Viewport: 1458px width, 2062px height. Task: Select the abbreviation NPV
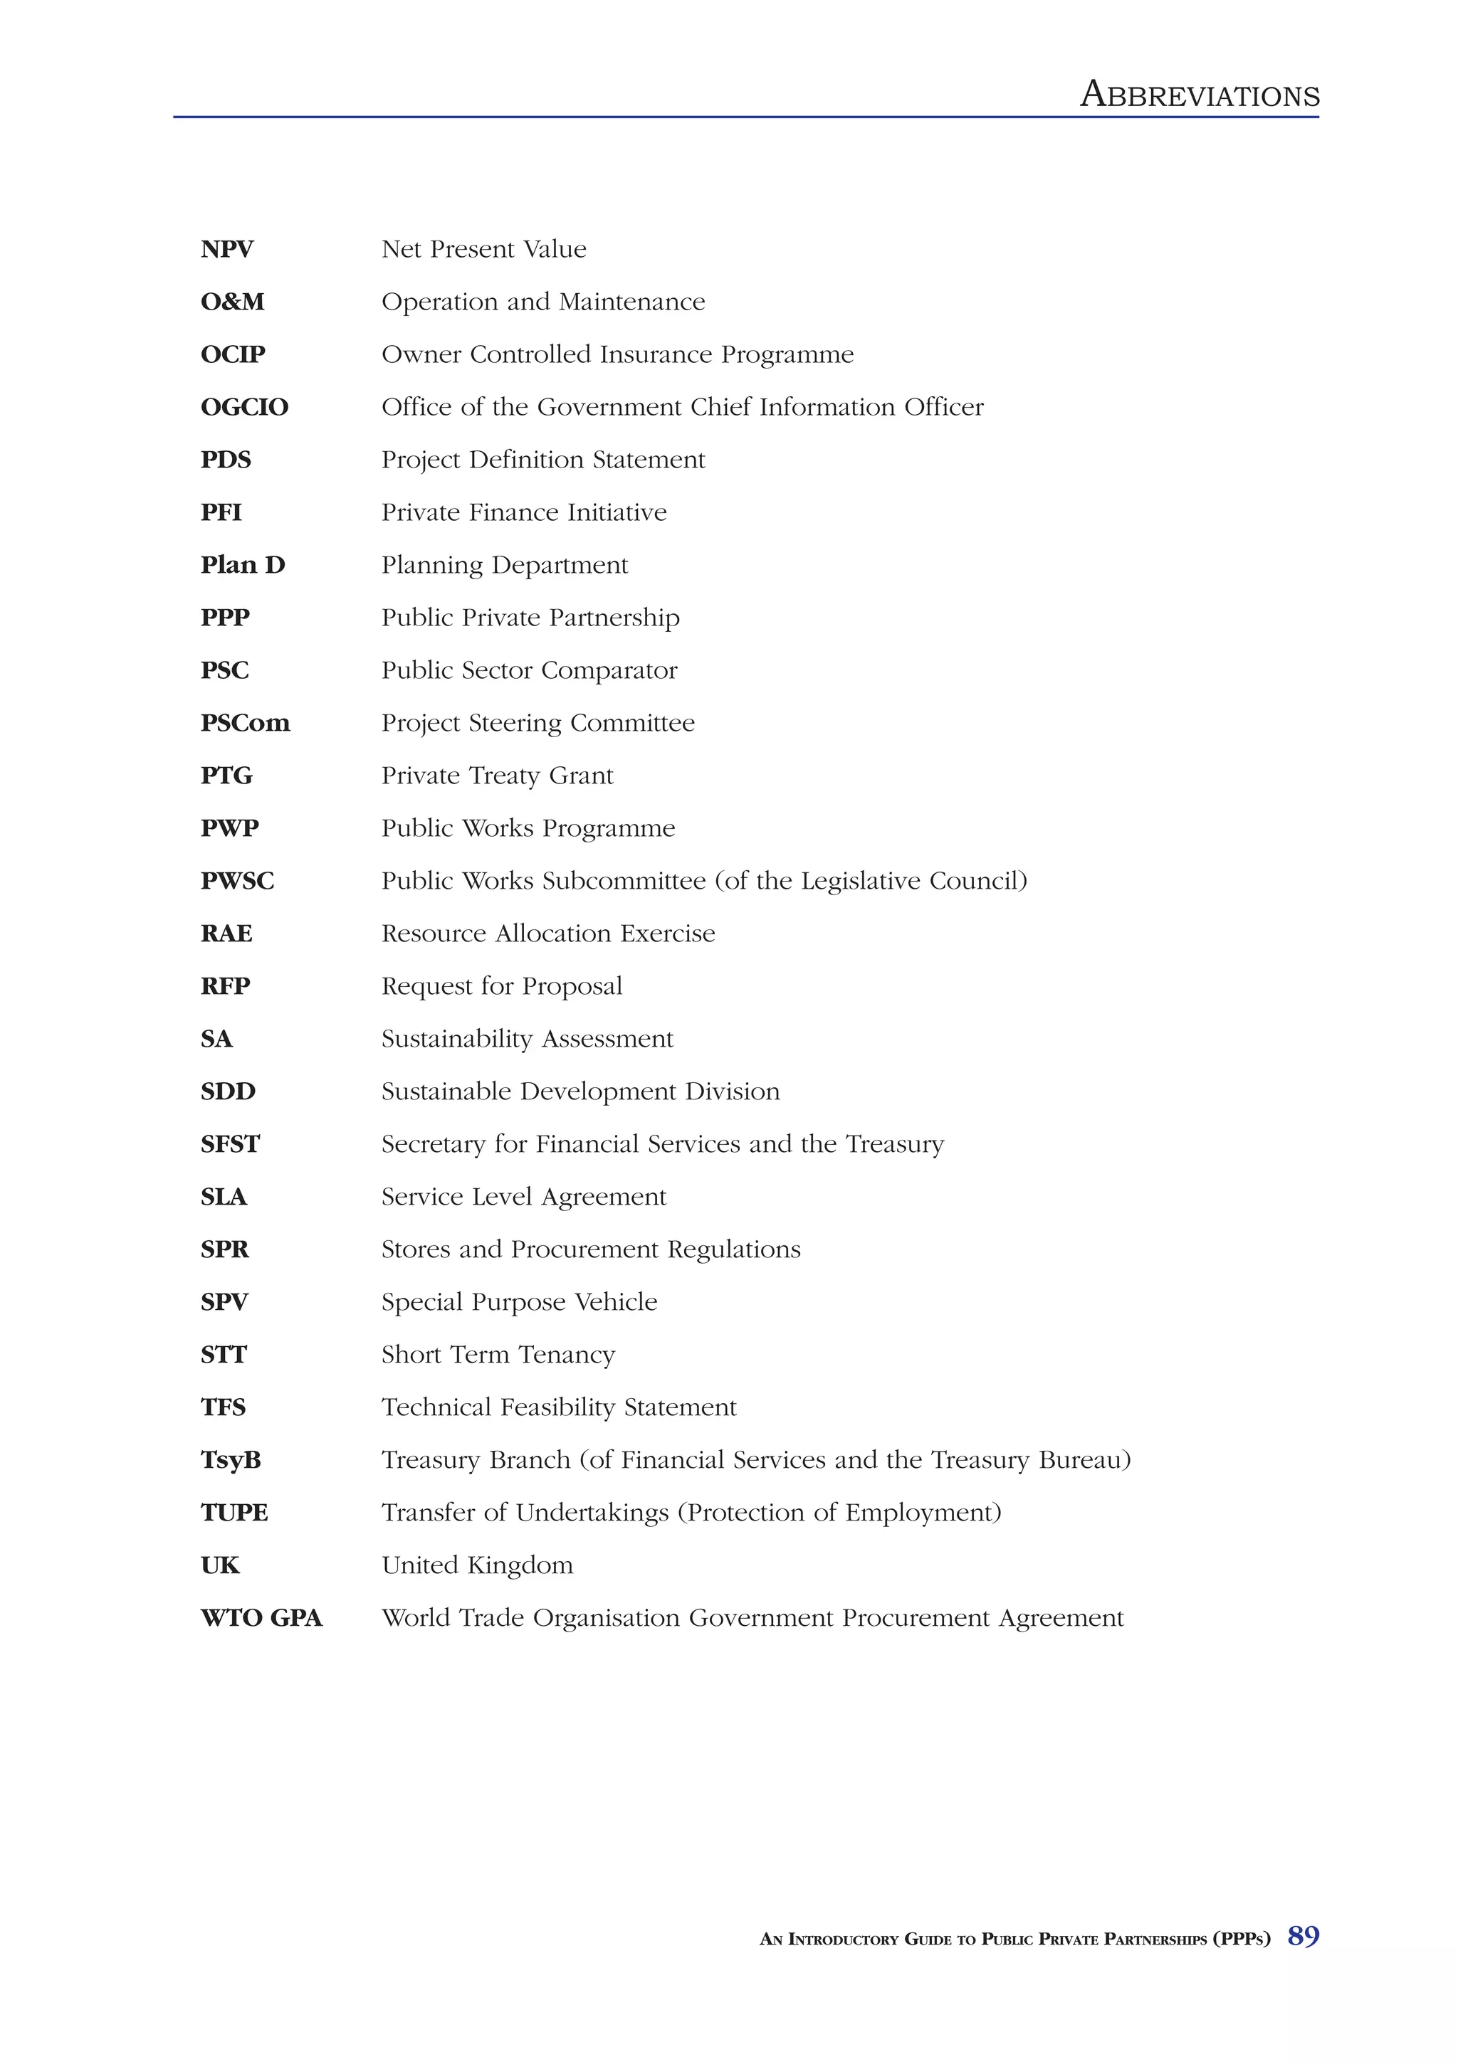click(x=226, y=249)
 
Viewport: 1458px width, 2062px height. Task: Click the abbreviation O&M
click(x=232, y=302)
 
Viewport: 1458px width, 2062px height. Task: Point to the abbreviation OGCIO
click(x=244, y=407)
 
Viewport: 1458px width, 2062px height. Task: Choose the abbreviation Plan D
click(x=243, y=565)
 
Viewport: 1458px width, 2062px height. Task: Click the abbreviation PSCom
click(x=245, y=723)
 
